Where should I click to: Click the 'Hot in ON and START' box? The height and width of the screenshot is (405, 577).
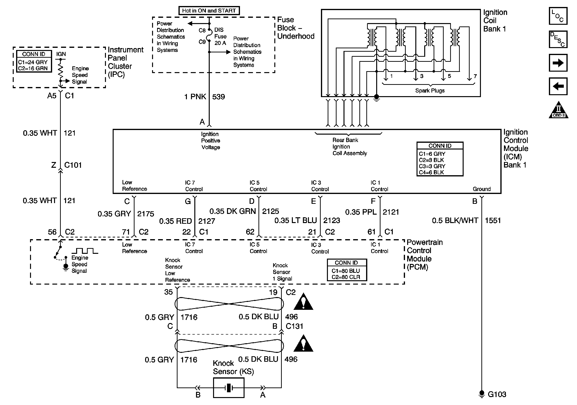(209, 11)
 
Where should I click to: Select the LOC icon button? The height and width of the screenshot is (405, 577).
(558, 16)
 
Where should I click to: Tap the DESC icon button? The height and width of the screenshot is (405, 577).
(558, 39)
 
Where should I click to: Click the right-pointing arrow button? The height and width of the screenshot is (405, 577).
(558, 63)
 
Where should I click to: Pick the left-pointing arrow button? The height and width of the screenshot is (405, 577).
(558, 86)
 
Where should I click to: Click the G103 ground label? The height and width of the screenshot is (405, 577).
(497, 394)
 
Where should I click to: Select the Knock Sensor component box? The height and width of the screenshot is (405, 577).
(228, 388)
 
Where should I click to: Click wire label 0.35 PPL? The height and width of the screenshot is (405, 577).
(361, 212)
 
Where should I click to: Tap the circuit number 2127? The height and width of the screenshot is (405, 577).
(207, 221)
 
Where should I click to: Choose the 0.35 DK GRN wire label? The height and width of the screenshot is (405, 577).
(233, 211)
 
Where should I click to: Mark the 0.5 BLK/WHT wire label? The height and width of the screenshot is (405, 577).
(455, 220)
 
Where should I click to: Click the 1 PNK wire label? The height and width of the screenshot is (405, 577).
(195, 97)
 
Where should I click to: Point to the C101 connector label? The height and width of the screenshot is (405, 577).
(73, 165)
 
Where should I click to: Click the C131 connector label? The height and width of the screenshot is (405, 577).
(294, 326)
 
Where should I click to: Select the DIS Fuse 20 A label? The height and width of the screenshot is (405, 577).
(220, 37)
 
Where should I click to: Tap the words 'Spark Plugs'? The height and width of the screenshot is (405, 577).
(430, 91)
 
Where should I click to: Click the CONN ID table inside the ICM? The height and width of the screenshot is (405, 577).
(440, 159)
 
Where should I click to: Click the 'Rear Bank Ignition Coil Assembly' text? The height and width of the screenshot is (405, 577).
(349, 147)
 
